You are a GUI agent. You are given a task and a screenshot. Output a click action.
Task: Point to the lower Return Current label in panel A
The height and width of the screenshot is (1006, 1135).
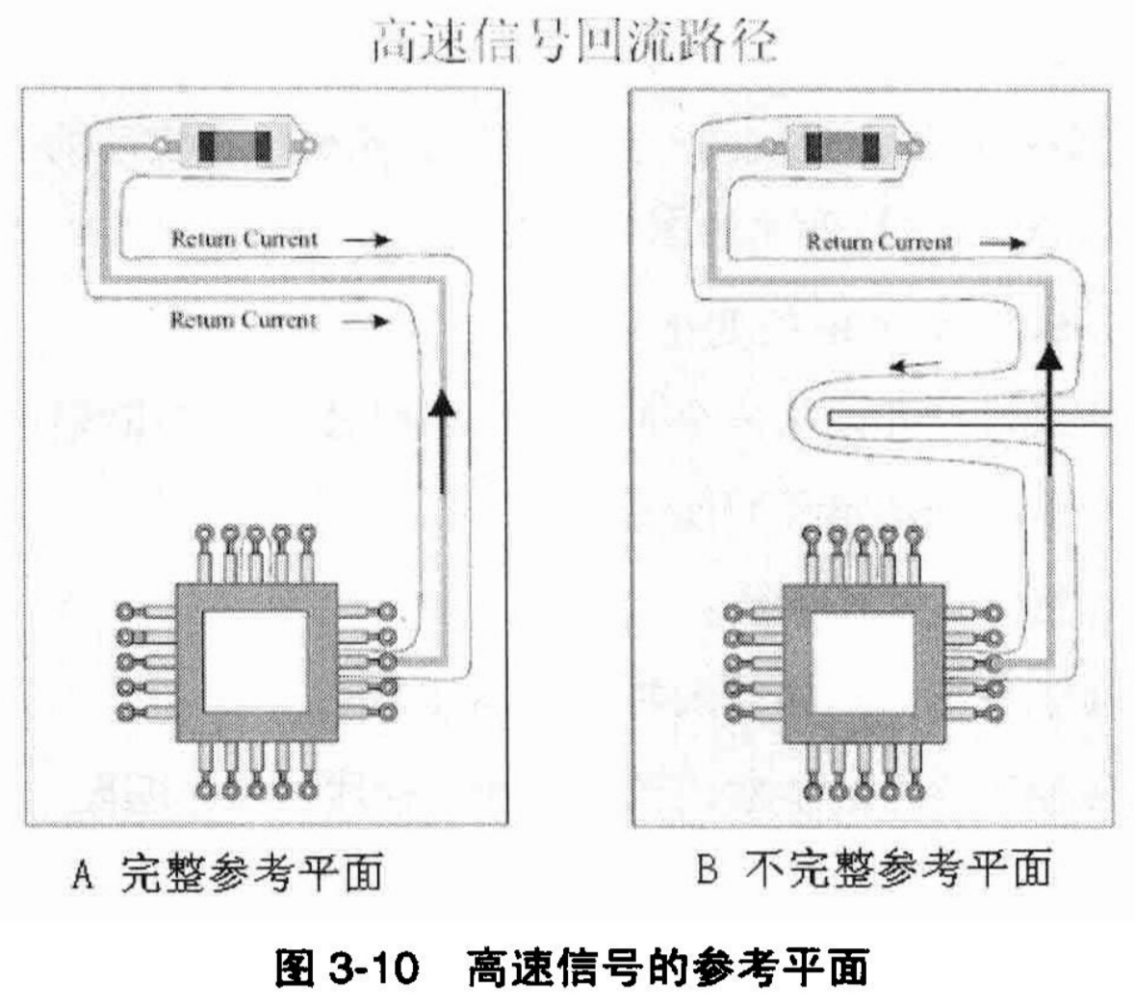pos(243,320)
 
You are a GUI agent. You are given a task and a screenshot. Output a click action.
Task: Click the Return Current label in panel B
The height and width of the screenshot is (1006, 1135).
pos(879,243)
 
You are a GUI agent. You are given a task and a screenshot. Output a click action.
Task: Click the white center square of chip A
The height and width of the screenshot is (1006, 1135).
pos(252,659)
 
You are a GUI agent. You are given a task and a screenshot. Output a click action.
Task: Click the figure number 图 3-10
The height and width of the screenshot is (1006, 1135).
pos(348,967)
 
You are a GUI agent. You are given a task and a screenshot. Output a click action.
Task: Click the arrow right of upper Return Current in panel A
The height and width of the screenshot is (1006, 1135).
pos(367,240)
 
